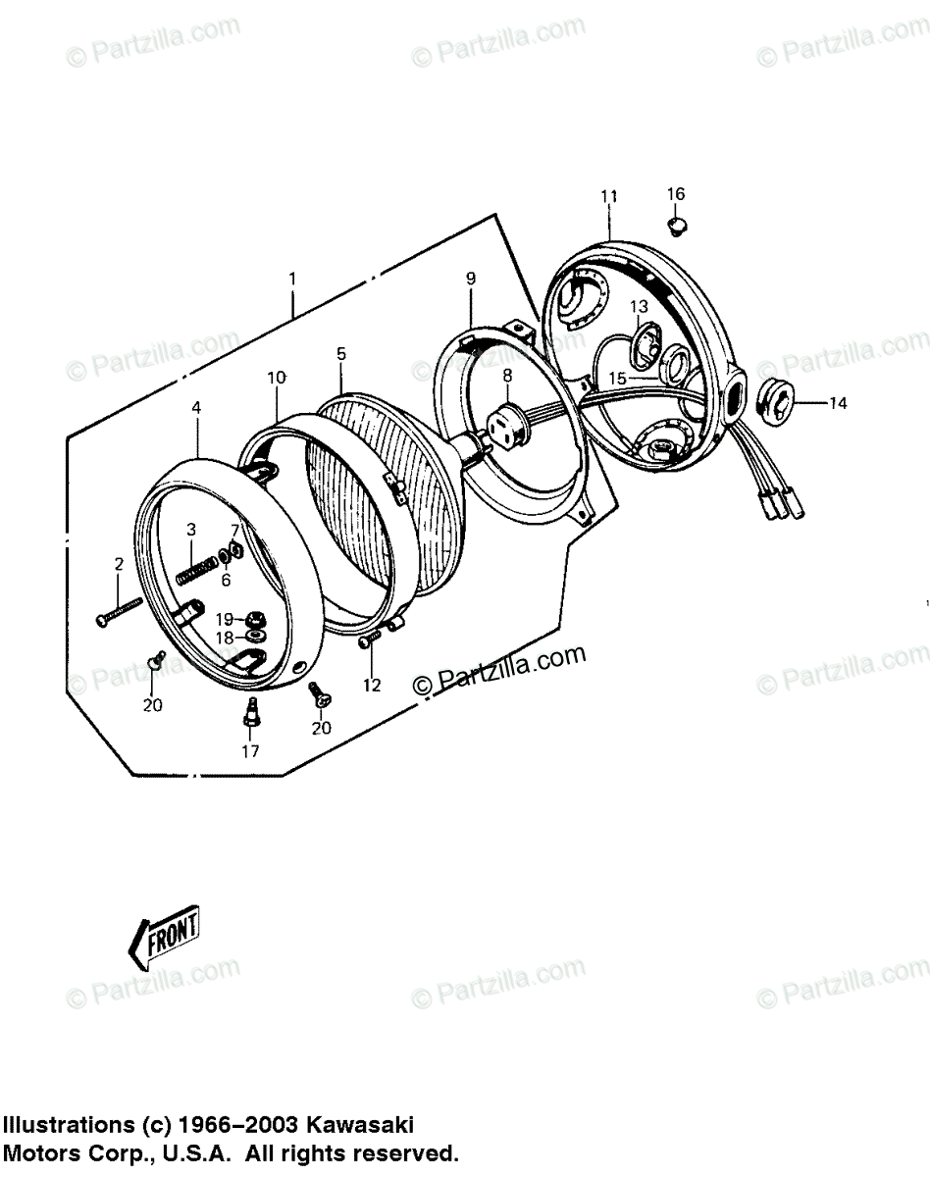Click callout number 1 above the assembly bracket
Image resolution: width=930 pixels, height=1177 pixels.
(292, 278)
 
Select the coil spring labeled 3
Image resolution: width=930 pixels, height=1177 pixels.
(195, 568)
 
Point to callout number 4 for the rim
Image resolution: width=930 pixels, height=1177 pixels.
(196, 407)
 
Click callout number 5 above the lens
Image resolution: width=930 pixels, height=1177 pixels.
(340, 353)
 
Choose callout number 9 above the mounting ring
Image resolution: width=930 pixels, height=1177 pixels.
(471, 279)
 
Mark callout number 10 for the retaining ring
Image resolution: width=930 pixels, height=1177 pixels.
(276, 378)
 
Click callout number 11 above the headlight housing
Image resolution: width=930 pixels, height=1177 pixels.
(608, 197)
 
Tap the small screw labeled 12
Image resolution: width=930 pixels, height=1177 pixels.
(368, 640)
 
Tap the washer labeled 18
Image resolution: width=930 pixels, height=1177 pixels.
(251, 638)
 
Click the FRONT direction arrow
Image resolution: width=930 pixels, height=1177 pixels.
(165, 932)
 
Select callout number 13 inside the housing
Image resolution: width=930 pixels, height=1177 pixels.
(640, 307)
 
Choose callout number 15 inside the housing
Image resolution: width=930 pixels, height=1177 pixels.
(616, 378)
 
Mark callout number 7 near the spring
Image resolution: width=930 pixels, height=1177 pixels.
(234, 531)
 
